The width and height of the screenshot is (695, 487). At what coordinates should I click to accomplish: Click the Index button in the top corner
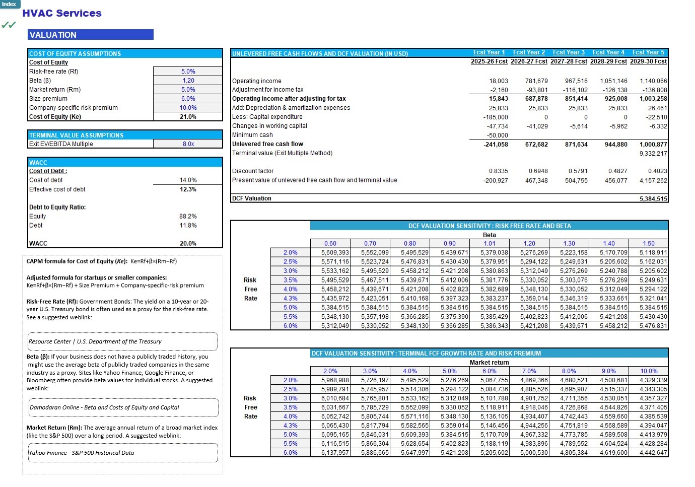coord(9,4)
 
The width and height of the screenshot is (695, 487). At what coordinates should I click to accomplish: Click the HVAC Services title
coord(62,14)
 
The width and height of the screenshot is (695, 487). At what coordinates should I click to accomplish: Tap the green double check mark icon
coord(9,25)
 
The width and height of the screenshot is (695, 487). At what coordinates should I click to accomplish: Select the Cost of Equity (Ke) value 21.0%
coord(188,117)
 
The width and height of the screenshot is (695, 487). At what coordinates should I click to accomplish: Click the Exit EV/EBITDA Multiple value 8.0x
coord(188,144)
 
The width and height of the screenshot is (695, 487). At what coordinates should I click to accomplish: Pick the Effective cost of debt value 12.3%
coord(188,189)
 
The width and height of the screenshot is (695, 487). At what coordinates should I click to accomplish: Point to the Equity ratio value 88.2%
coord(188,217)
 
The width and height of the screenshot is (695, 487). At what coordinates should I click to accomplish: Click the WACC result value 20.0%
coord(188,244)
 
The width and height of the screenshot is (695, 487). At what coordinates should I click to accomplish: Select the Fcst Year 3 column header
coord(569,52)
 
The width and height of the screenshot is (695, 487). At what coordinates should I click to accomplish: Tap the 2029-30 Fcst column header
coord(648,61)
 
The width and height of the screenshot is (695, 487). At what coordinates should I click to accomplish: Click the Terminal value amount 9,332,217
coord(653,154)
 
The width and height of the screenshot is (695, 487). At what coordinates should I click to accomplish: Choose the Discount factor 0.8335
coord(498,171)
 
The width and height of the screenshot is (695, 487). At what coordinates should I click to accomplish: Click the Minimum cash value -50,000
coord(497,135)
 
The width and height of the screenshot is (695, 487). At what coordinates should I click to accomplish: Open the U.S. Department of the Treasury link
coord(95,341)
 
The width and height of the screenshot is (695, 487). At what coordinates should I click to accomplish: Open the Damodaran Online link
coord(104,407)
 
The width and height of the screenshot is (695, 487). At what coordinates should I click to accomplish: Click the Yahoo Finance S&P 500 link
coord(82,453)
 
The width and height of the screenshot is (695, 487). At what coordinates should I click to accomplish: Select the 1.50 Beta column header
coord(648,244)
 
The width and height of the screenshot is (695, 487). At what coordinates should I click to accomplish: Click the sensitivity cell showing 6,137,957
coord(335,453)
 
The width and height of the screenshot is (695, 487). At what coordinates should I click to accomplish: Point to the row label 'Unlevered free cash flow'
coord(267,144)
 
